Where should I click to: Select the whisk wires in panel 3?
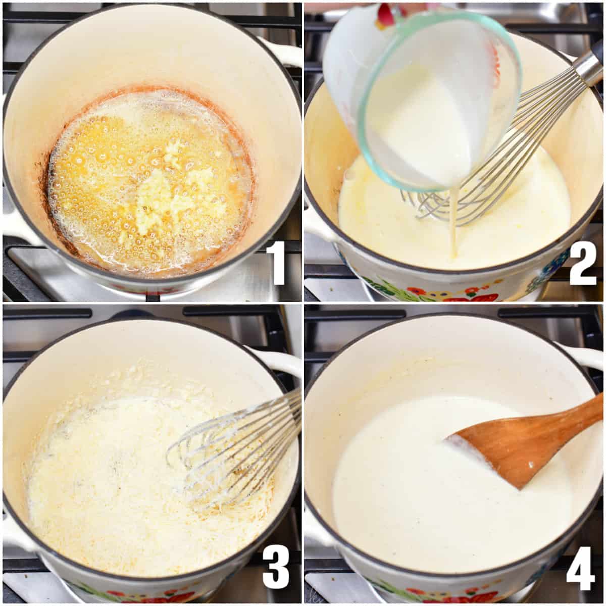coord(232,449)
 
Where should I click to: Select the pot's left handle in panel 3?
coord(13,530)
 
